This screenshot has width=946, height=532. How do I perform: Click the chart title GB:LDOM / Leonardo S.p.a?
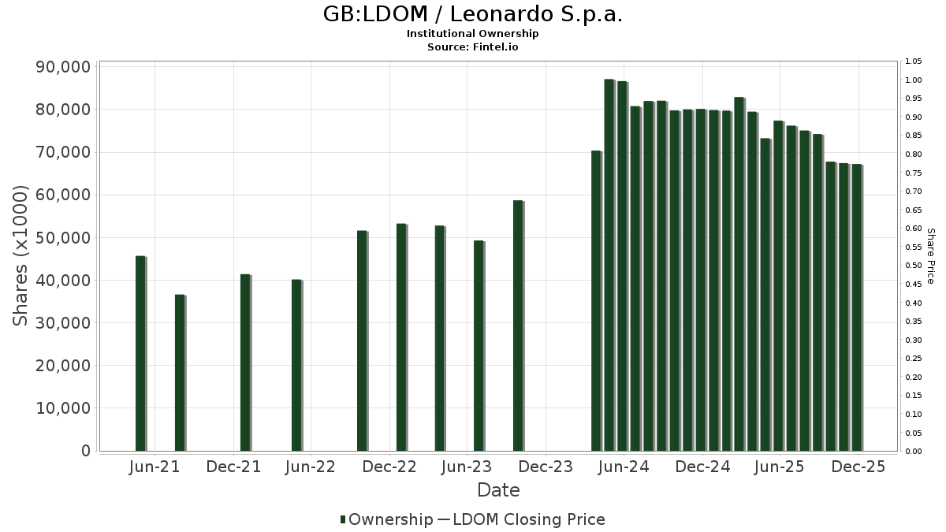point(473,14)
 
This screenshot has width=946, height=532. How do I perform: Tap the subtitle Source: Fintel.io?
point(473,47)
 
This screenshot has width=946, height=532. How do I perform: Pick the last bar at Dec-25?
point(856,307)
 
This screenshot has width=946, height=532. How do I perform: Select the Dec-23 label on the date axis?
point(546,467)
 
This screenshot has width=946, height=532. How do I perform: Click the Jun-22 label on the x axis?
point(311,467)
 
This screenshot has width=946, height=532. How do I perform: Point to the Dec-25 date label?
point(858,467)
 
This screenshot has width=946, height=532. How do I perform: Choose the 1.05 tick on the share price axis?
point(914,61)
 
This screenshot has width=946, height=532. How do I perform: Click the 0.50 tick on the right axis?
point(914,266)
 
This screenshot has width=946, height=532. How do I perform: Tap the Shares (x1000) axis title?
point(21,255)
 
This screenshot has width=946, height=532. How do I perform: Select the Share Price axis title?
point(930,256)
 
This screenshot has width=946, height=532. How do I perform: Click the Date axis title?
point(498,490)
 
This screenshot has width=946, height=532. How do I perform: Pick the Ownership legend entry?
point(386,519)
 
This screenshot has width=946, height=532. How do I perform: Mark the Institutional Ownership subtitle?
point(473,34)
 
